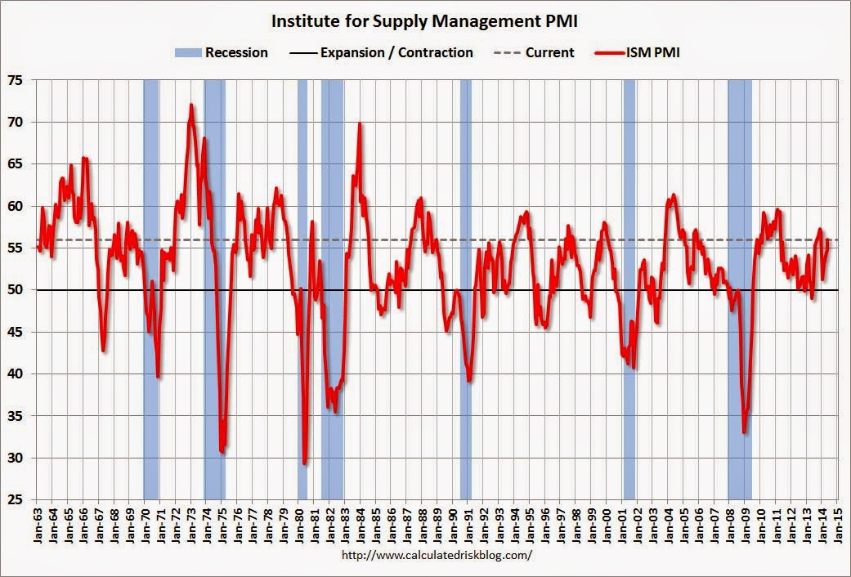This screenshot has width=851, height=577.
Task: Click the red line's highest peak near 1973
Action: tap(191, 105)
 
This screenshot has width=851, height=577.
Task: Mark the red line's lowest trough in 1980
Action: tap(305, 463)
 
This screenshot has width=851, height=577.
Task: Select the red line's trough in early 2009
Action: tap(744, 432)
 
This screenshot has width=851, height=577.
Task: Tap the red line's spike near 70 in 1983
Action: tap(360, 124)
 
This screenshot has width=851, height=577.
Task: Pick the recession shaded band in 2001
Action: tap(629, 245)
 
